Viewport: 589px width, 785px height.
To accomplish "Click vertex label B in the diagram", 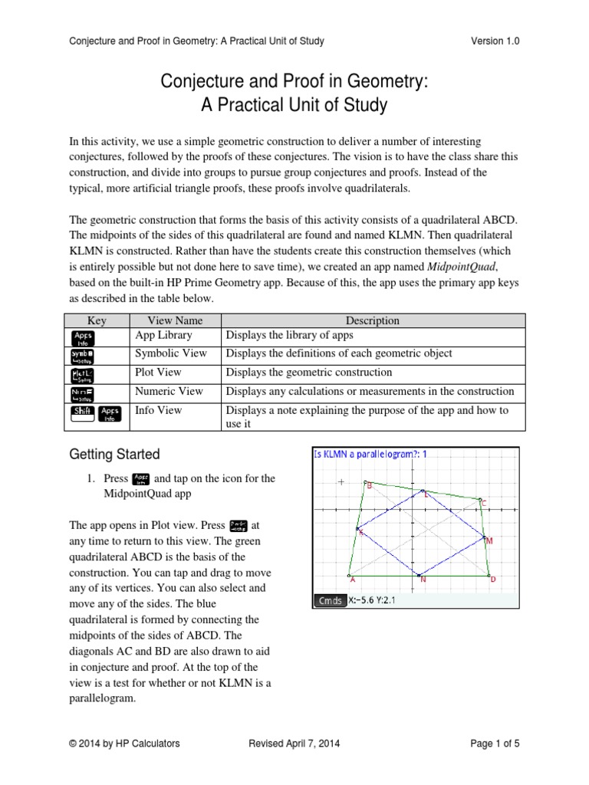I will coord(369,485).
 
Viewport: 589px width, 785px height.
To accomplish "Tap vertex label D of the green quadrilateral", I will coord(492,580).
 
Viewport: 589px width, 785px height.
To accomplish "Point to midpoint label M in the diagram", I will coord(489,541).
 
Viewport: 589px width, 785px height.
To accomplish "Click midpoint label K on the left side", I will coord(361,532).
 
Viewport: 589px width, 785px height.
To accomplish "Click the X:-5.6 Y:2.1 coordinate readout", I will coord(376,600).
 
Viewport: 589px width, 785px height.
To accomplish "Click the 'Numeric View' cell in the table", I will coord(169,392).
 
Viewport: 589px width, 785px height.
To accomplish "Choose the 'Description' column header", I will coord(372,320).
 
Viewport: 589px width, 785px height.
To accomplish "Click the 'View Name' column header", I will coord(173,320).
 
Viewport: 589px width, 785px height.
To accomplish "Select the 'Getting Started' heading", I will coord(114,455).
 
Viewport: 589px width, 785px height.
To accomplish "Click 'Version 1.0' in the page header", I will coord(495,41).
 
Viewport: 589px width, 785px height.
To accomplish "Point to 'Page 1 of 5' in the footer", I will coord(492,743).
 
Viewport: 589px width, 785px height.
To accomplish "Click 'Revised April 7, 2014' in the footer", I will coord(295,743).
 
